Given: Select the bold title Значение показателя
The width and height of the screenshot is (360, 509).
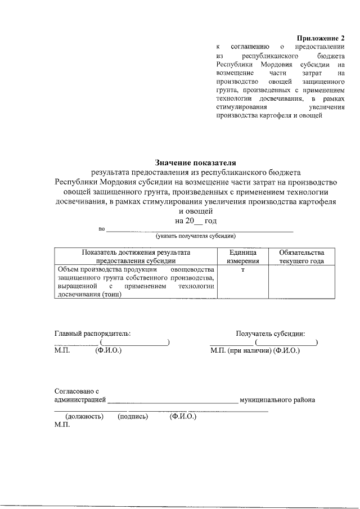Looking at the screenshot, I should click(x=195, y=163).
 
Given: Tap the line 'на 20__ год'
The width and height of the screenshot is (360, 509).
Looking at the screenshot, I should click(x=196, y=221).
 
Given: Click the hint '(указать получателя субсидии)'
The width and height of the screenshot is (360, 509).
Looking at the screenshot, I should click(x=196, y=236).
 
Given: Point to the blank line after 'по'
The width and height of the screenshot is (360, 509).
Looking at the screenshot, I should click(x=200, y=230).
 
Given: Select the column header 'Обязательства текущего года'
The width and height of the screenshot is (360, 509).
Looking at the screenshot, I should click(x=294, y=256).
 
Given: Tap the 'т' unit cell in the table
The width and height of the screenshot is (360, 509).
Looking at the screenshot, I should click(x=242, y=270).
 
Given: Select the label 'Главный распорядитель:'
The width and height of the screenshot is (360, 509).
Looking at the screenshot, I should click(x=92, y=333).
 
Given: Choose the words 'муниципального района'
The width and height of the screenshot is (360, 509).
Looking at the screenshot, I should click(x=277, y=400).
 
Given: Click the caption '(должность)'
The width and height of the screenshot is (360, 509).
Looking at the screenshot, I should click(x=84, y=417).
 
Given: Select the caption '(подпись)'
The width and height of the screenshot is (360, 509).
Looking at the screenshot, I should click(x=133, y=417).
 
